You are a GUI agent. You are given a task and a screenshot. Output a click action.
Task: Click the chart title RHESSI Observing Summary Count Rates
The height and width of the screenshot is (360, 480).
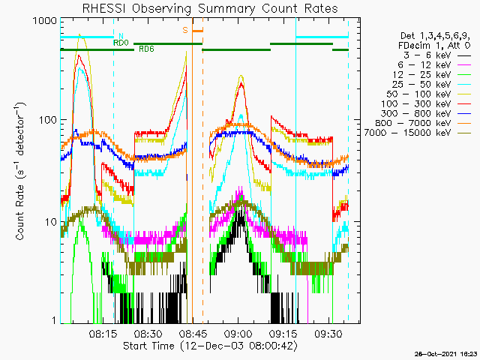tap(210, 8)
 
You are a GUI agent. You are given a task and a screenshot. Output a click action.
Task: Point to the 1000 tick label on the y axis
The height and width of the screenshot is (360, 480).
tap(45, 21)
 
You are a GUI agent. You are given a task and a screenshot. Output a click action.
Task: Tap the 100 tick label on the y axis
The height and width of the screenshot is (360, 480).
tap(48, 120)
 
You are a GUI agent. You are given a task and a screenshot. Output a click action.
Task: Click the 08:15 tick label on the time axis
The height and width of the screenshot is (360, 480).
tap(103, 333)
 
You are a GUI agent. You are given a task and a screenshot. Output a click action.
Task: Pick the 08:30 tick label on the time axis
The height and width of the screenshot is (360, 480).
tap(148, 333)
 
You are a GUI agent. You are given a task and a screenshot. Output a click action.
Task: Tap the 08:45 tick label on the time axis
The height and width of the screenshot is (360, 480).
tap(193, 333)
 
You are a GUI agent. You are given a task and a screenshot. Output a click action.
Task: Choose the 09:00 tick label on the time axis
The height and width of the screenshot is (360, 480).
tap(238, 333)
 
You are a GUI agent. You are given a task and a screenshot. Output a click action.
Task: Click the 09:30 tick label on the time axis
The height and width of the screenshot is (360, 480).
tap(328, 333)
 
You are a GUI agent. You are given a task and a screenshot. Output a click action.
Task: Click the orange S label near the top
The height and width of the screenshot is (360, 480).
tap(185, 30)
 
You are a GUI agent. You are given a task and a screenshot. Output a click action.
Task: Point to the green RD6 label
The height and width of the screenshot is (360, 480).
tap(146, 49)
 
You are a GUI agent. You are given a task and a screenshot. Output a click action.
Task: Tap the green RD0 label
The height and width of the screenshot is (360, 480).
tap(121, 43)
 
